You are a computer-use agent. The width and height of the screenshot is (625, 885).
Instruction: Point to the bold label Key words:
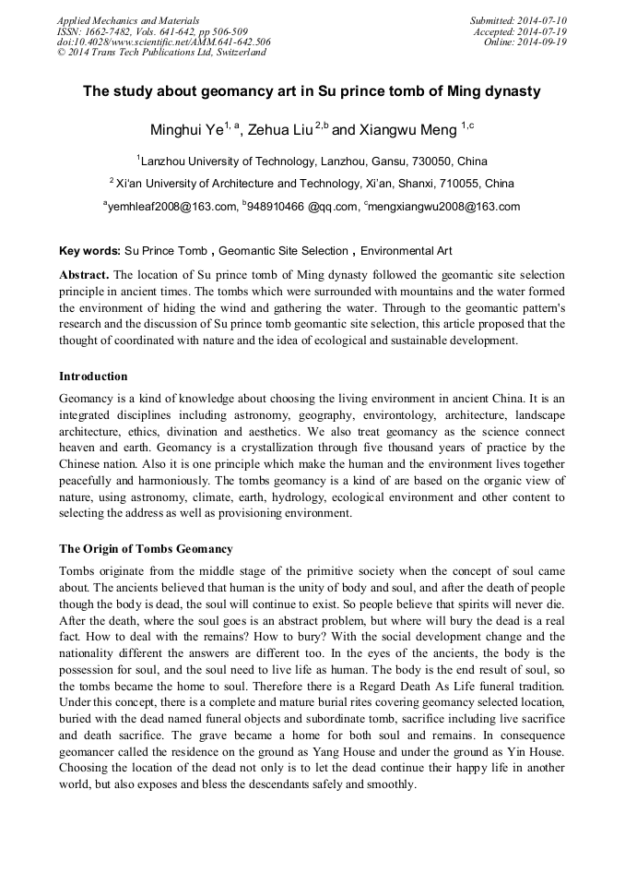click(x=89, y=250)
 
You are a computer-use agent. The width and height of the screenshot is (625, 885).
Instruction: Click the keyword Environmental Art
click(x=406, y=250)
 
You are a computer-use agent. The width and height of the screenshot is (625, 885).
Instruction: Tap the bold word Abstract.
click(x=84, y=275)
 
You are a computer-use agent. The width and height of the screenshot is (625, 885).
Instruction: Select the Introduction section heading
click(x=93, y=376)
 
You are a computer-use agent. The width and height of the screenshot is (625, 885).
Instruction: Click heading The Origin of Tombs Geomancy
click(x=146, y=548)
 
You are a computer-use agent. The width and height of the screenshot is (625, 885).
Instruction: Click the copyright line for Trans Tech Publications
click(x=161, y=53)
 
